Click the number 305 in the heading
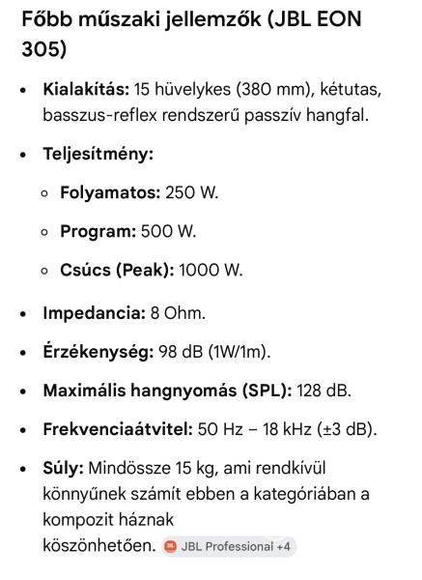[x=42, y=48]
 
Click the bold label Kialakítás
[x=84, y=90]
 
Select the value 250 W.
[x=192, y=192]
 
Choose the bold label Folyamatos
[x=110, y=192]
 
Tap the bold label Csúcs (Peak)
[x=116, y=270]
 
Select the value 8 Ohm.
[x=178, y=313]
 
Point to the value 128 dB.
[x=324, y=391]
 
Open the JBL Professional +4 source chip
[x=228, y=547]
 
